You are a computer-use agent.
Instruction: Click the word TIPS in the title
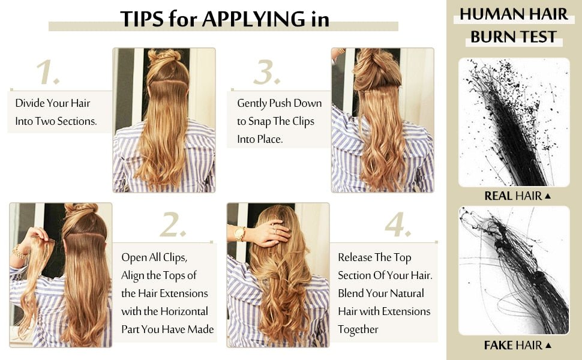[142, 19]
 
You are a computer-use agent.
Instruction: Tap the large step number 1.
[48, 73]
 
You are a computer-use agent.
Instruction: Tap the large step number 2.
[173, 226]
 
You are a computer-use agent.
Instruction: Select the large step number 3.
[266, 73]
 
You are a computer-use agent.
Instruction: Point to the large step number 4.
[398, 226]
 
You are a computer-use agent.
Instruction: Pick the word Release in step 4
[355, 257]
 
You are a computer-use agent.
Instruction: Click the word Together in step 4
[358, 329]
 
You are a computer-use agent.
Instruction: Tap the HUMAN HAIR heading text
[514, 14]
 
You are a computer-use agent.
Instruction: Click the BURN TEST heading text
[514, 37]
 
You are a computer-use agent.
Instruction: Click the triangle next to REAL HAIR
[548, 196]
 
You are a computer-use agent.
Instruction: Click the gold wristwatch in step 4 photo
[240, 233]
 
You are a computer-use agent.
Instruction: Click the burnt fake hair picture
[514, 271]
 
